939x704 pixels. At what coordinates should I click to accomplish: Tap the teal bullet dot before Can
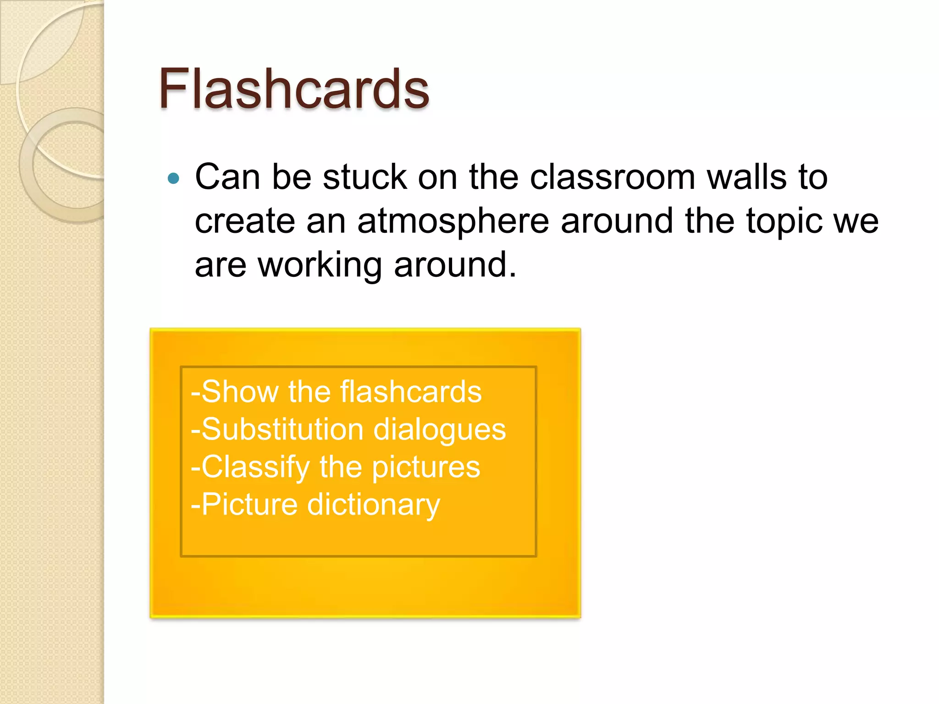click(x=174, y=178)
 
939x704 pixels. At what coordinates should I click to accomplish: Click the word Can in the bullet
click(x=227, y=177)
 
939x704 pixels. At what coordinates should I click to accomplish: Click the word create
click(x=245, y=221)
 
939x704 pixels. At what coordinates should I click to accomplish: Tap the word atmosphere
click(x=453, y=221)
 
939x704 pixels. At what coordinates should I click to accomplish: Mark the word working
click(x=320, y=266)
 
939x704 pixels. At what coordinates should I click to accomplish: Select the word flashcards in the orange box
click(x=411, y=392)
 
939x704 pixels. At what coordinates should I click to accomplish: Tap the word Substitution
click(x=282, y=430)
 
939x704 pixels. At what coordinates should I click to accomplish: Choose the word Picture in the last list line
click(x=249, y=505)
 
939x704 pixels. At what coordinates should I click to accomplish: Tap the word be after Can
click(x=292, y=177)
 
